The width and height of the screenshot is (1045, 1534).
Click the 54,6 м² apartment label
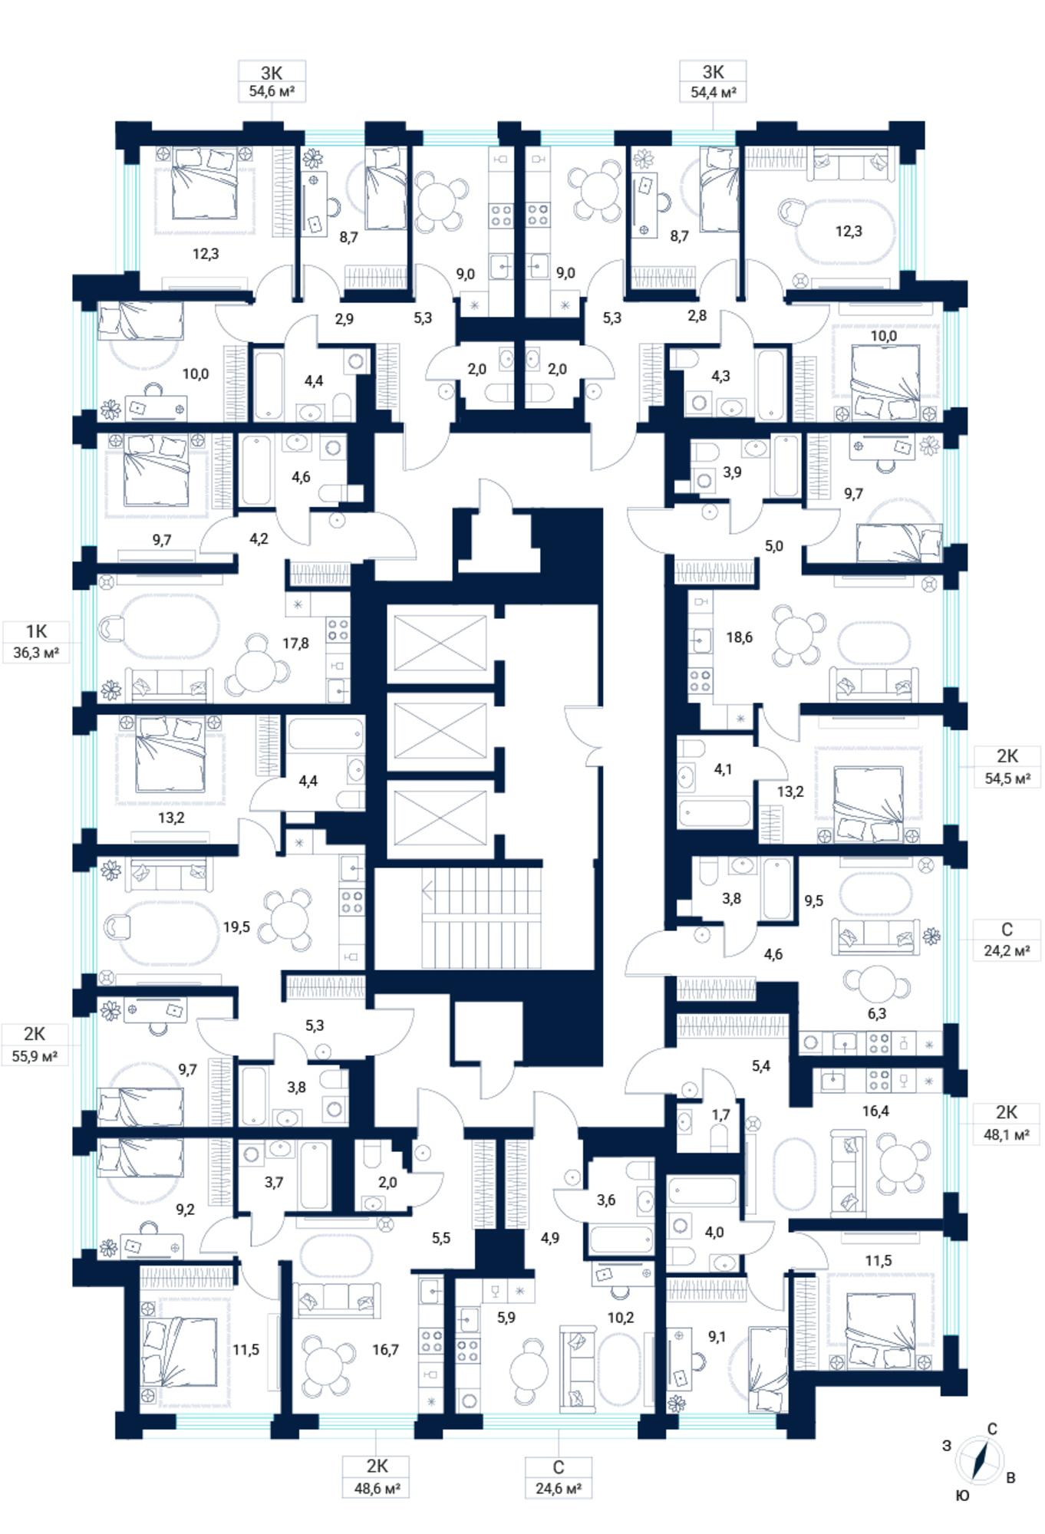pyautogui.click(x=272, y=81)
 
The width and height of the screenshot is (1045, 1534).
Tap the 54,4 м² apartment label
pyautogui.click(x=714, y=81)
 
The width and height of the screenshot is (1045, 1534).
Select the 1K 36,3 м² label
pyautogui.click(x=36, y=642)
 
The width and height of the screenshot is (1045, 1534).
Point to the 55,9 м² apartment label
pyautogui.click(x=35, y=1044)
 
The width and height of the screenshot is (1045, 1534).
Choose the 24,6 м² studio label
pyautogui.click(x=558, y=1477)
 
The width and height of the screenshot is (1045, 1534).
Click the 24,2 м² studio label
pyautogui.click(x=1007, y=940)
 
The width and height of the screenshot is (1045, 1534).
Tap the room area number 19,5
pyautogui.click(x=236, y=927)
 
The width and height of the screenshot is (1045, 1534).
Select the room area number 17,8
pyautogui.click(x=295, y=643)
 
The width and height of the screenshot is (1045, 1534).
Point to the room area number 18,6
pyautogui.click(x=739, y=637)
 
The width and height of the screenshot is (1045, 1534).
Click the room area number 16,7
pyautogui.click(x=385, y=1350)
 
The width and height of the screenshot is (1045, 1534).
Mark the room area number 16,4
pyautogui.click(x=875, y=1111)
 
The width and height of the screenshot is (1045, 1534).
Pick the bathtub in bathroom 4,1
pyautogui.click(x=715, y=812)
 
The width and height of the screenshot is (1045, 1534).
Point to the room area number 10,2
pyautogui.click(x=620, y=1318)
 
